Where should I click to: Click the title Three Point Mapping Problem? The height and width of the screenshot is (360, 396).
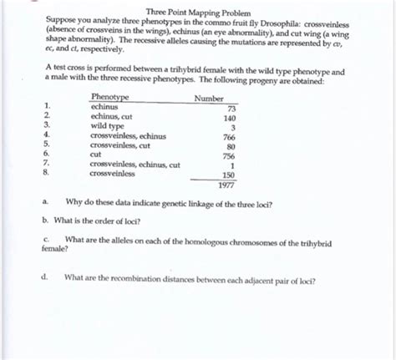coord(198,12)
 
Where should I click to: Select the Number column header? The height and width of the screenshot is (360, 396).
coord(209,98)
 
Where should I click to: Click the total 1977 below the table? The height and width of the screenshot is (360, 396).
coord(226,185)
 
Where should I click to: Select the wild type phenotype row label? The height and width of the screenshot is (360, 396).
coord(108,127)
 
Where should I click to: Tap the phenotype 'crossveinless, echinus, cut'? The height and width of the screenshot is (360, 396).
coord(135,165)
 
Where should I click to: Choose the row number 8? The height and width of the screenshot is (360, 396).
coord(47,175)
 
